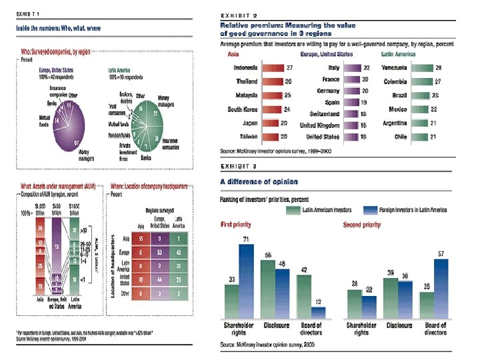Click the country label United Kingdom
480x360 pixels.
(x=319, y=125)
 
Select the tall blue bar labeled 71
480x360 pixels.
(x=247, y=284)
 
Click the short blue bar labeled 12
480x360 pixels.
(x=319, y=313)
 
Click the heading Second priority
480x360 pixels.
(x=361, y=225)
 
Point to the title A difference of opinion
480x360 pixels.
(x=259, y=181)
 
